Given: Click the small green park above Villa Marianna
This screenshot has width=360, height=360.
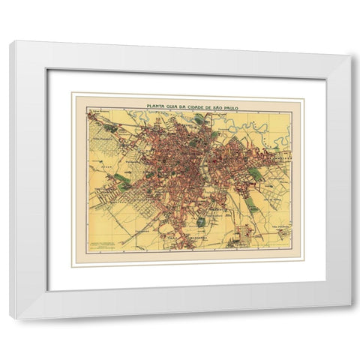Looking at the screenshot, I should pos(201,221).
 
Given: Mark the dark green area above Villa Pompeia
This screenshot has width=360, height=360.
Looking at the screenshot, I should pos(109,128).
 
